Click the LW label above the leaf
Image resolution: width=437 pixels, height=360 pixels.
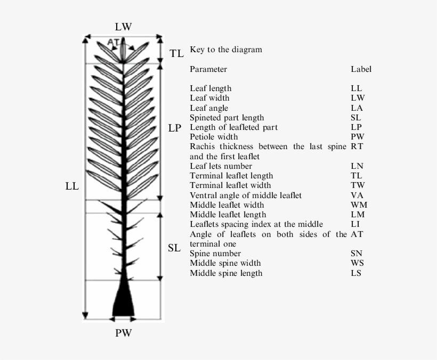coord(123,27)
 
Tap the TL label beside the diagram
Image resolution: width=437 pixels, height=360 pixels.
coord(177,53)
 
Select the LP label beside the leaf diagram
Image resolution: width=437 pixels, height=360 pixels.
coord(175,128)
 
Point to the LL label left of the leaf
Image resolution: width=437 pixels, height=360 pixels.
coord(72,186)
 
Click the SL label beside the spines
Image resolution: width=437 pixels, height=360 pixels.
coord(174,248)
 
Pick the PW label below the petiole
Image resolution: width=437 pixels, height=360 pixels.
coord(123,334)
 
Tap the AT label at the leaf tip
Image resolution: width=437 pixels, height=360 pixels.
coord(113,42)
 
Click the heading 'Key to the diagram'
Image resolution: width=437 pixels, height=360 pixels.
coord(226,50)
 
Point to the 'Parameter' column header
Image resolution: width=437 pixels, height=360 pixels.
coord(208,69)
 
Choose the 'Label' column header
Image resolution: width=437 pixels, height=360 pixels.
coord(361,69)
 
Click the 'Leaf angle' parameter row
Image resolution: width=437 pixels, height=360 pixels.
coord(208,108)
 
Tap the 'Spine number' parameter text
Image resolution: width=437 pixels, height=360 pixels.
coord(215,253)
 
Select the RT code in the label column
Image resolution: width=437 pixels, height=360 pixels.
coord(357,146)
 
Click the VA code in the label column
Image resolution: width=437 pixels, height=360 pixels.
coord(357,195)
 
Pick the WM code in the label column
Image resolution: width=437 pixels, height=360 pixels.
coord(359,205)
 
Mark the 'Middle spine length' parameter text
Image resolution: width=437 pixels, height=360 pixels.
coord(226,273)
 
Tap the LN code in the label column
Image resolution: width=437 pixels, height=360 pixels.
coord(357,166)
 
